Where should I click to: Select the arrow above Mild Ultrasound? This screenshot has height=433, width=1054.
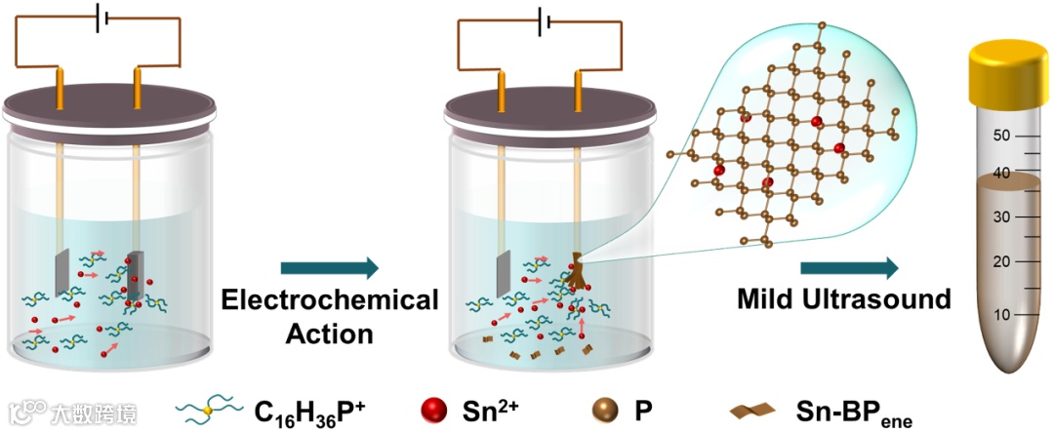pos(849,267)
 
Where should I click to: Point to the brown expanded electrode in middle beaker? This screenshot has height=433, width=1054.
pos(578,273)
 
